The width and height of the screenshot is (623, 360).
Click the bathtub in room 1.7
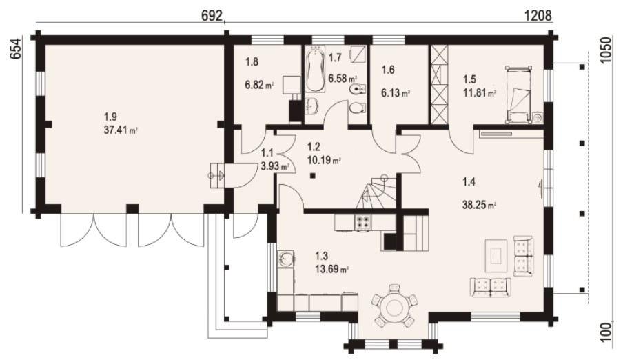tap(316, 70)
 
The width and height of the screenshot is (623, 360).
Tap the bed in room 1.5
tap(518, 95)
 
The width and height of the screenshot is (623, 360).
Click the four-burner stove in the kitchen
tap(362, 223)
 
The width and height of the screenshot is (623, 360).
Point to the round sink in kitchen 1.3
tap(286, 259)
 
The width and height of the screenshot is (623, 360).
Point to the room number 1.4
tap(469, 182)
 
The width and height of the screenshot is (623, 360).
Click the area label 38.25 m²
tap(479, 206)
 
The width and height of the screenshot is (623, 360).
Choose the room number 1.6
tap(388, 70)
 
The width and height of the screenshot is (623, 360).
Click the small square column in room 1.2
tap(313, 176)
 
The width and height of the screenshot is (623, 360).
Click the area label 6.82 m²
tap(259, 84)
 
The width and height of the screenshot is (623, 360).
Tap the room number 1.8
tap(252, 62)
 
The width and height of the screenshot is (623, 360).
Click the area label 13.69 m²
tap(332, 269)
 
